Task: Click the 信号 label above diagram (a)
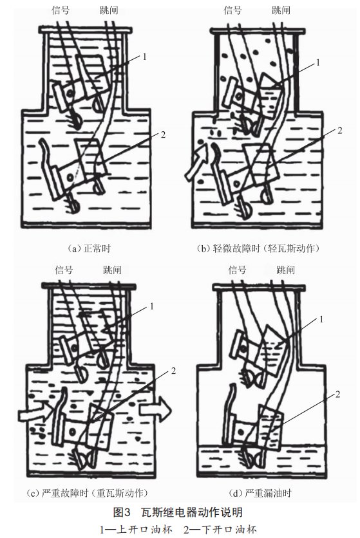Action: click(61, 10)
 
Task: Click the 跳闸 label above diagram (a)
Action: click(109, 10)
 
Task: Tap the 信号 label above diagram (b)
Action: click(232, 10)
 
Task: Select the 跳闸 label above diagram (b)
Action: click(281, 10)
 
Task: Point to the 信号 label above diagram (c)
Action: click(64, 270)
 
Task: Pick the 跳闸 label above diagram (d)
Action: click(285, 270)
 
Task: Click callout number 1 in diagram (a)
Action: click(145, 56)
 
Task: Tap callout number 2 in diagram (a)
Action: click(163, 134)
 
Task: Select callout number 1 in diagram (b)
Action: click(317, 62)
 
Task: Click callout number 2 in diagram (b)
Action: click(339, 131)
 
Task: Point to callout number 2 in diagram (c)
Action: click(173, 371)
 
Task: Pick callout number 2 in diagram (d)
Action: click(337, 394)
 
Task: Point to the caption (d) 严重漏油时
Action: click(260, 493)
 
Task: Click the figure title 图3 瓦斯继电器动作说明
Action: click(178, 512)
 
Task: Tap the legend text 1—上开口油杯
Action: click(136, 530)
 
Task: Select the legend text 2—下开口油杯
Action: click(220, 530)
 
